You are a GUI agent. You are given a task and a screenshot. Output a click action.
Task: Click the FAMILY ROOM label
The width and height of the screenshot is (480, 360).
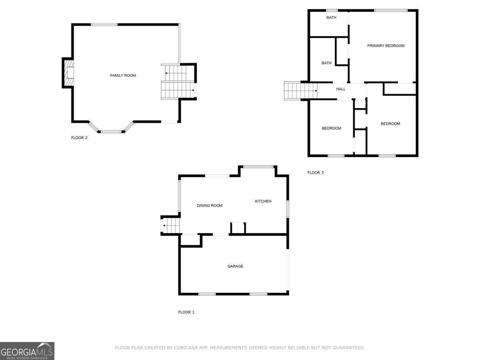(123, 76)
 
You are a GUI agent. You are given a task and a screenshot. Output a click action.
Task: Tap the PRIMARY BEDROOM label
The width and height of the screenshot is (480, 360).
(386, 46)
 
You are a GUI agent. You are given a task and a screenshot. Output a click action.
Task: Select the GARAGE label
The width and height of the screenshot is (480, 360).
(235, 266)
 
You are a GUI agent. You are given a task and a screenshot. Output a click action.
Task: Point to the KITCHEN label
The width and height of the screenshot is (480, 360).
(263, 201)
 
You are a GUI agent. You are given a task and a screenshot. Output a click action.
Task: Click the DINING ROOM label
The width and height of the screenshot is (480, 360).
(209, 206)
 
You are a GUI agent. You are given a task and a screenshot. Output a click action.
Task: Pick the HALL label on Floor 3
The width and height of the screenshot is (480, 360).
(341, 89)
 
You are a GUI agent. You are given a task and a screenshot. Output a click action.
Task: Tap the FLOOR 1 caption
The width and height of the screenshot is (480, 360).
(186, 312)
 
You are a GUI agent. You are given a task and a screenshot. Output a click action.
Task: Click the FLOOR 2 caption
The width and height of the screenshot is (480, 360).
(79, 138)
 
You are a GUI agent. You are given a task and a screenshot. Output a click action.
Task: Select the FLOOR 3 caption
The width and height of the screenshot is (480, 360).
(315, 173)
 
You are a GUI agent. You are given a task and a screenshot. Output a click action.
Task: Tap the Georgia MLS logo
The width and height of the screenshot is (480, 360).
(27, 351)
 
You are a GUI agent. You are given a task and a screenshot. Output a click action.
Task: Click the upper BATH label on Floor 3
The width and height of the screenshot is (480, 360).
(331, 18)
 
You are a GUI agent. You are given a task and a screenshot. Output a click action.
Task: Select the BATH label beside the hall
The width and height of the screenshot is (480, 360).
(327, 63)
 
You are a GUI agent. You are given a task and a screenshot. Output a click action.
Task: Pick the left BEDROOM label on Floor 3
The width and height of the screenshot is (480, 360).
(332, 128)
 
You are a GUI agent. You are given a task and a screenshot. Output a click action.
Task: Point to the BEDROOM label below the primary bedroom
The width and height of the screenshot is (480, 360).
(390, 124)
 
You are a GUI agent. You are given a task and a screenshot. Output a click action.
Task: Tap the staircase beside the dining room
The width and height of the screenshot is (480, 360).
(171, 226)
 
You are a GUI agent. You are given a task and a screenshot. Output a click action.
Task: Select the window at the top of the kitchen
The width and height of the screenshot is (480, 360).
(258, 167)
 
